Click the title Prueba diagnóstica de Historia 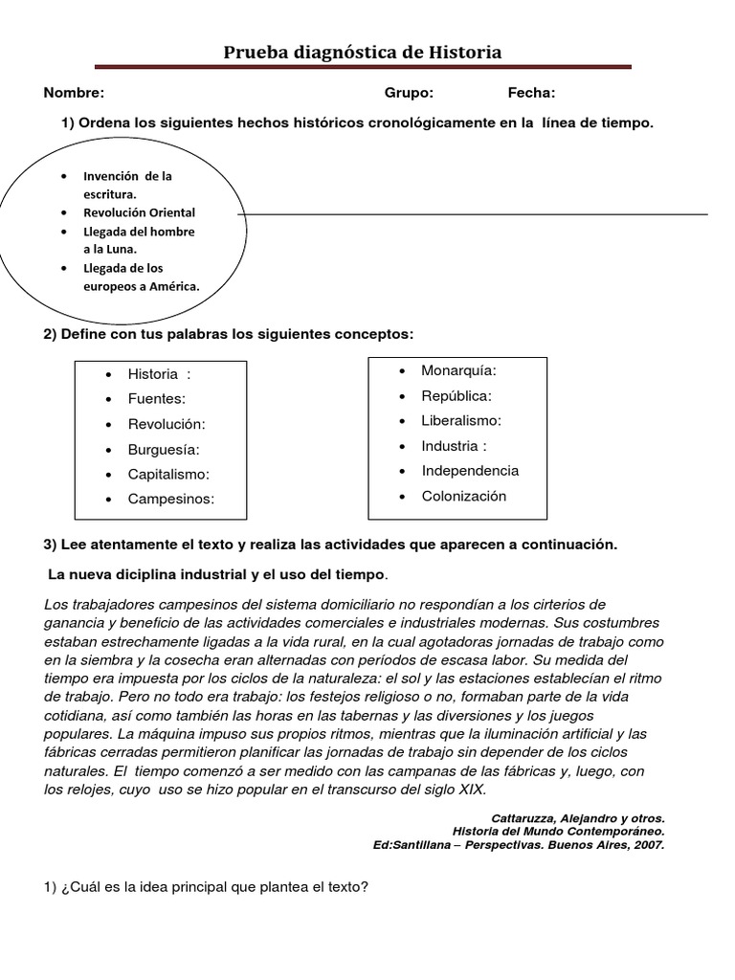(362, 53)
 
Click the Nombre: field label (74, 93)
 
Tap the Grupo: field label (409, 93)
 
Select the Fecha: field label (531, 93)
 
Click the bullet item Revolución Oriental (140, 212)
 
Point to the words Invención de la (128, 176)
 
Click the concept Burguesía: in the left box (165, 449)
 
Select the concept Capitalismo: (168, 474)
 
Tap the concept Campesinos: (171, 499)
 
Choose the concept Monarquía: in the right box (458, 370)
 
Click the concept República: (456, 395)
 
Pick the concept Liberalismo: (461, 420)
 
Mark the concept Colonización (463, 496)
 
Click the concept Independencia (470, 471)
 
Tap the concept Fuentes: (157, 398)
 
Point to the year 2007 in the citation (648, 845)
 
